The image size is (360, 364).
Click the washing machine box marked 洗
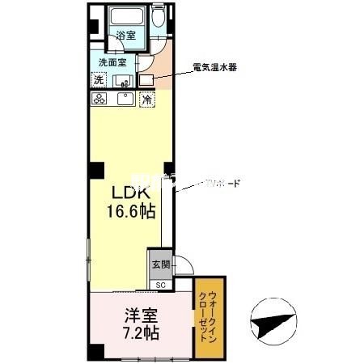pos(99,79)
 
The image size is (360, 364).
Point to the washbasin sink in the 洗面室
pos(125,80)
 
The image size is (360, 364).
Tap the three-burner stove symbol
pos(100,99)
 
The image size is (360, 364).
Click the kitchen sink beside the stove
pos(125,99)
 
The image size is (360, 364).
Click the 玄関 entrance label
pos(160,264)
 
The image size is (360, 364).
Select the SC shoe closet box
pos(160,285)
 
